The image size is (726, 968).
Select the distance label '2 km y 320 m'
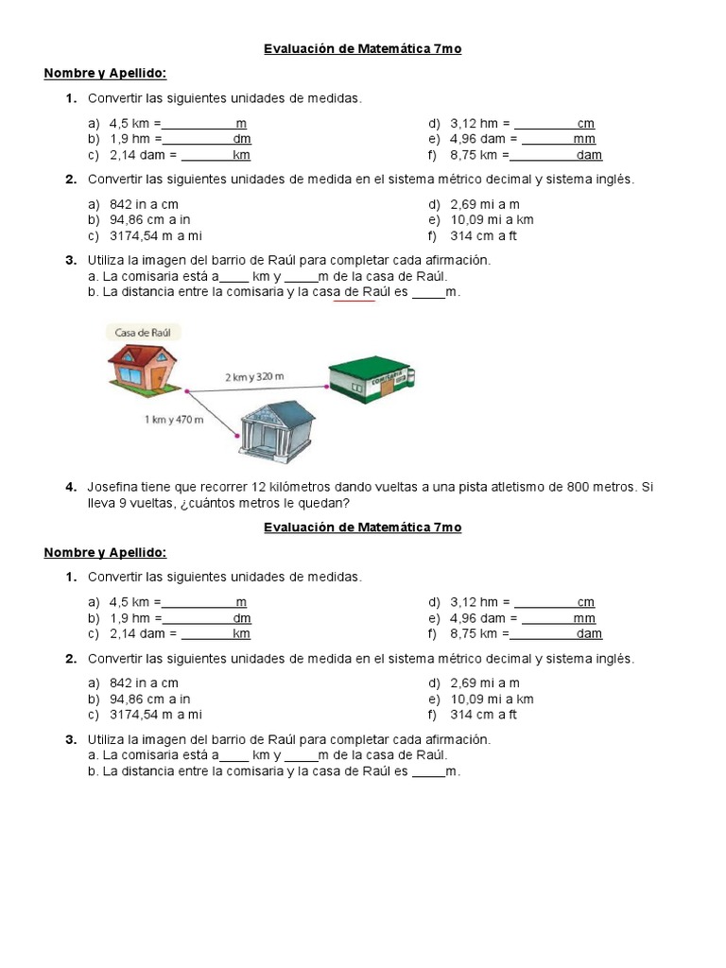coord(253,377)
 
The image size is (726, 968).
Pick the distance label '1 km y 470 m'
coord(174,420)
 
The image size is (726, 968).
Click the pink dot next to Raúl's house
coord(187,390)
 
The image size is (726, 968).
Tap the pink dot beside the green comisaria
coord(322,387)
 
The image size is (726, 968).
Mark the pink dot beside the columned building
coord(236,436)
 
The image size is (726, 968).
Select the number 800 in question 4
coord(579,487)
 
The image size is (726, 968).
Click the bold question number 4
coord(71,487)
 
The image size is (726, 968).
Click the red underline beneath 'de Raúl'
coord(354,302)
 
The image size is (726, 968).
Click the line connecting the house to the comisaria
coord(255,389)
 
